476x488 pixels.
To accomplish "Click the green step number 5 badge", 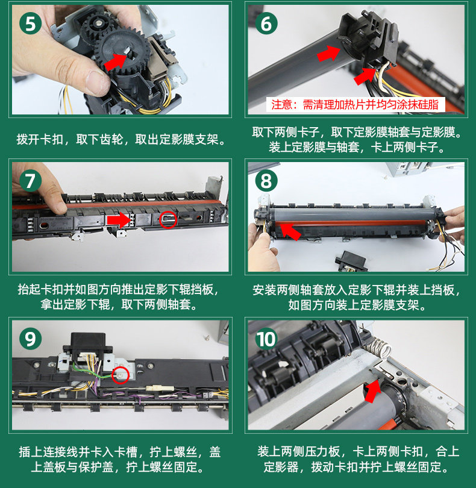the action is [31, 23].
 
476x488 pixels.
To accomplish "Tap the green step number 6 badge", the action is [266, 23].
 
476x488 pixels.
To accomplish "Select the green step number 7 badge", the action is [31, 181].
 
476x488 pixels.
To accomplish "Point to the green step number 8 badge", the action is [266, 181].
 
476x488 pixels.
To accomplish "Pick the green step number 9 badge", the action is [31, 339].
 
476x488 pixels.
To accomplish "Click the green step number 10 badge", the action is [266, 339].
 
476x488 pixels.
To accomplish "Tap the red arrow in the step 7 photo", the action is [118, 220].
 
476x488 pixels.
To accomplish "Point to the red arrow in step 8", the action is [290, 231].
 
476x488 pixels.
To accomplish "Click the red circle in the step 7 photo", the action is [168, 219].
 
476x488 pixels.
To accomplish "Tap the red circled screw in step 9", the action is [121, 375].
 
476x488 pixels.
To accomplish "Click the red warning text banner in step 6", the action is [355, 105].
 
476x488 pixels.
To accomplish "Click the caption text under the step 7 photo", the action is [119, 297].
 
